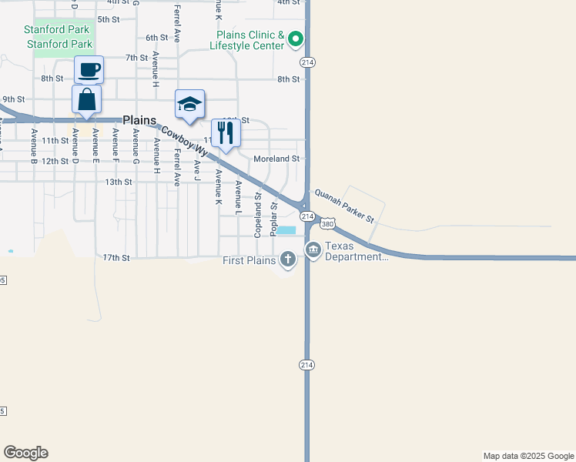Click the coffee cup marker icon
[89, 70]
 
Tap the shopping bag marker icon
[86, 100]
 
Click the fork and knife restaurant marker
[226, 132]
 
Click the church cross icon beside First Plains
[288, 259]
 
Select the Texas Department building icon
[313, 249]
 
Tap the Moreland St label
[276, 159]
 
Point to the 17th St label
[116, 257]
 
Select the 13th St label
[119, 182]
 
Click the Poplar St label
[274, 218]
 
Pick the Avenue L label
[239, 197]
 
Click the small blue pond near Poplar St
[286, 230]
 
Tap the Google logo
[25, 453]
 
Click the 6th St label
[156, 37]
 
